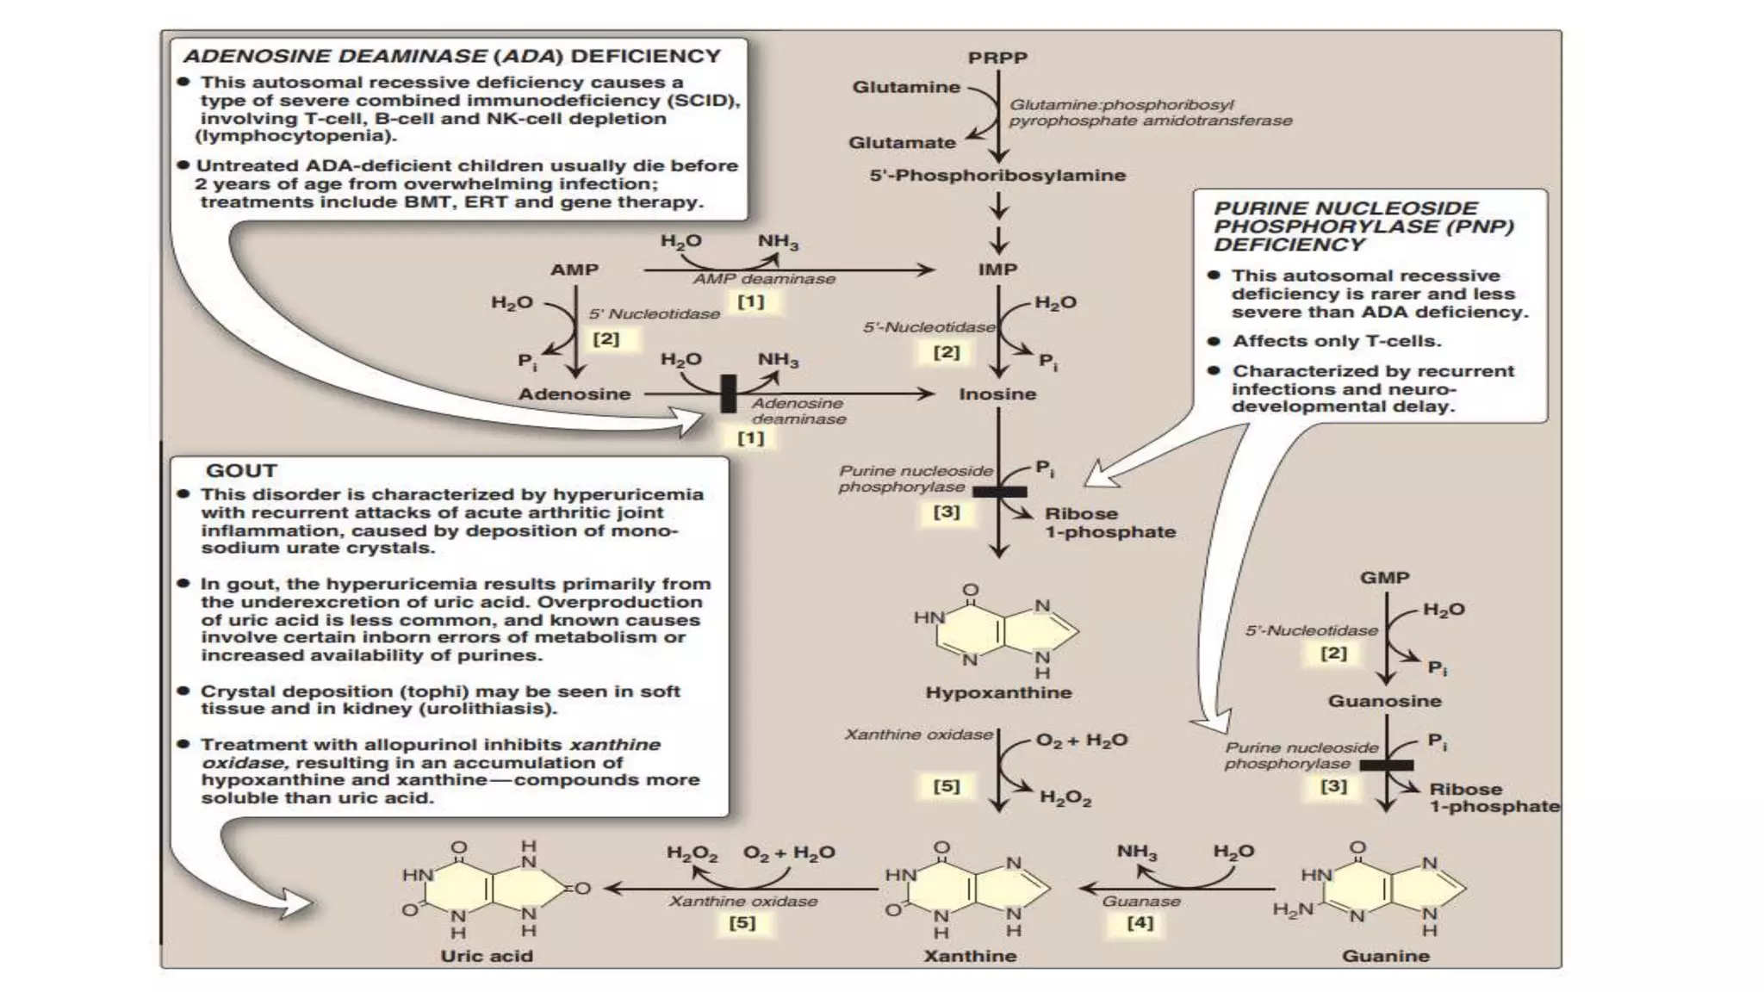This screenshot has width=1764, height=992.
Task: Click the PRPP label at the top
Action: point(997,58)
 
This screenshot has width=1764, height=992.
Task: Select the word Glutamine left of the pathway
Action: point(905,87)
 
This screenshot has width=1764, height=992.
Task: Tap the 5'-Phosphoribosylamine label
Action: point(997,176)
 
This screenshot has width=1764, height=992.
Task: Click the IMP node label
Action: point(997,270)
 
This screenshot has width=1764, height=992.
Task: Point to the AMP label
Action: point(575,270)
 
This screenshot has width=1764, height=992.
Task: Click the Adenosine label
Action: point(575,394)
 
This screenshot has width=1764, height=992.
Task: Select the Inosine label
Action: point(997,394)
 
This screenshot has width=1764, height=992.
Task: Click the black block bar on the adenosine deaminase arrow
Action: point(729,394)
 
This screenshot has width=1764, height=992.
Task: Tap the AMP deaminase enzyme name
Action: point(764,279)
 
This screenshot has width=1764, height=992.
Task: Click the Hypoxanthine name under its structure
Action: point(998,692)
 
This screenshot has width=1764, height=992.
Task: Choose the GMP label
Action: point(1384,578)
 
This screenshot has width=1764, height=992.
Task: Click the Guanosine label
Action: point(1384,701)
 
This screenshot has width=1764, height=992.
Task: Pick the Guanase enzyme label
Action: point(1141,902)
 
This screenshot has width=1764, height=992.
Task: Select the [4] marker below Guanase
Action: point(1140,923)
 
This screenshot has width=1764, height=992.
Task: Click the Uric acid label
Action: point(487,956)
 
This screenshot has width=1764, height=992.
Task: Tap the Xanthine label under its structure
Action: point(970,956)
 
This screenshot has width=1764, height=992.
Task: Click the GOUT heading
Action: point(241,471)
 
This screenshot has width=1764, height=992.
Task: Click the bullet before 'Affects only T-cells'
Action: point(1214,341)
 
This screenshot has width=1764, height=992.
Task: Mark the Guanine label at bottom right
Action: point(1385,956)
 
